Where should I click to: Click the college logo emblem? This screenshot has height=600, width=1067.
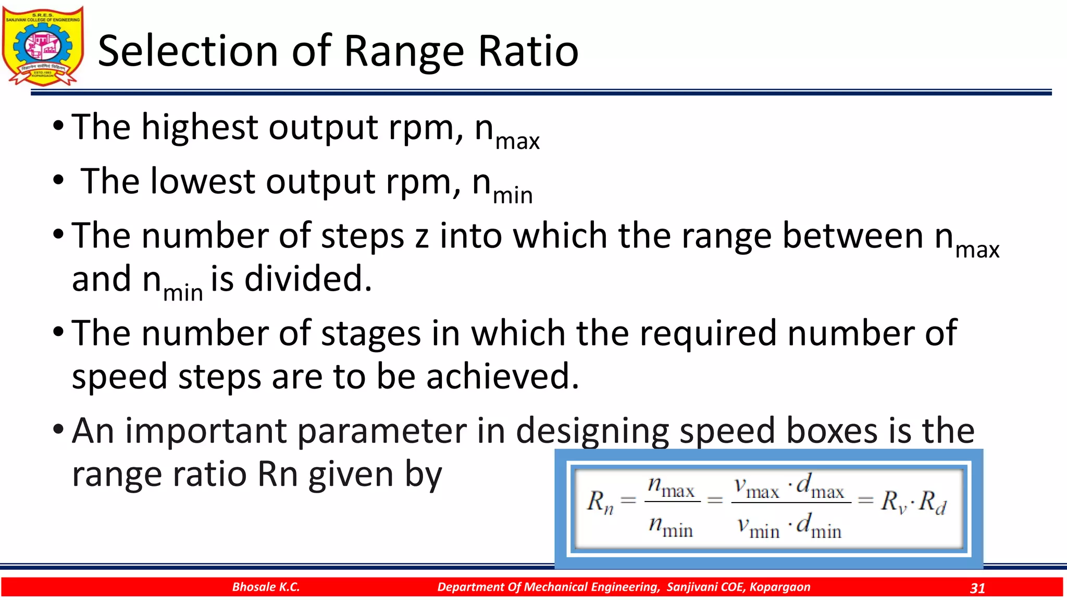point(43,46)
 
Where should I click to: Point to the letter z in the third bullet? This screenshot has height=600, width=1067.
point(421,236)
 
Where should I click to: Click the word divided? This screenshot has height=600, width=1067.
point(308,279)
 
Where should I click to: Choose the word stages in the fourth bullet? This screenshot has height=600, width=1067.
point(370,333)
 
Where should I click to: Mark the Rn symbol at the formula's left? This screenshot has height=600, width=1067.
point(600,502)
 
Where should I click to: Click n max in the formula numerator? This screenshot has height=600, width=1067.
point(671,488)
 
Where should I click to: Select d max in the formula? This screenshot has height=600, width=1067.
point(821,487)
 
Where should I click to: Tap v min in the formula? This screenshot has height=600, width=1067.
point(758,527)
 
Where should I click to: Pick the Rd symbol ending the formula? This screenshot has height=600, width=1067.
point(933,503)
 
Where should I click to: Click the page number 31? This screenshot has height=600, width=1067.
point(977,588)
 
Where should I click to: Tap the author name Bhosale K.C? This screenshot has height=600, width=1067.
point(266,587)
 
